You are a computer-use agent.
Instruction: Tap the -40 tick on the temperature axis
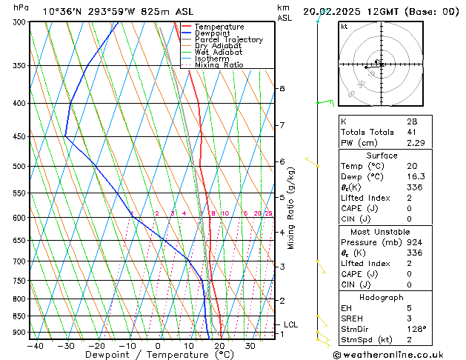[x=34, y=345]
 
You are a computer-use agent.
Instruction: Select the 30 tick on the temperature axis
[x=250, y=345]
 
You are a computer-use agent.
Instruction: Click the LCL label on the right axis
[x=290, y=324]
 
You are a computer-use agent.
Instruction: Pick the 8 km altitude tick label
[x=282, y=89]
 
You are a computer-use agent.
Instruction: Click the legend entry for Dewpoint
[x=211, y=33]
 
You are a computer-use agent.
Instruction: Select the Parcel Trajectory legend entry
[x=228, y=40]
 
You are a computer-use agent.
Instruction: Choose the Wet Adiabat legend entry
[x=218, y=53]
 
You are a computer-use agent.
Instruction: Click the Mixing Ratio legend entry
[x=219, y=65]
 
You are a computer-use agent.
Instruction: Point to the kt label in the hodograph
[x=344, y=26]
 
